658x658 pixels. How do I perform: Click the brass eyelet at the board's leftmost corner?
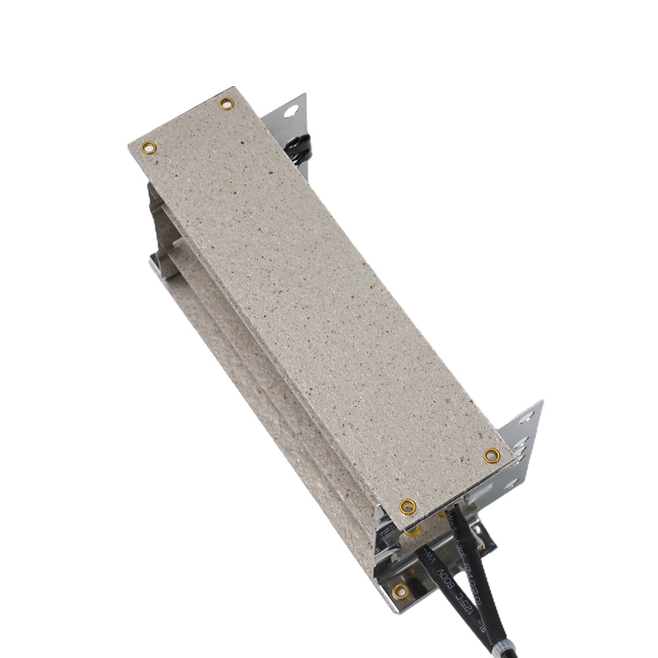tap(150, 147)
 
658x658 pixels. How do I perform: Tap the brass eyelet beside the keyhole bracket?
tap(226, 103)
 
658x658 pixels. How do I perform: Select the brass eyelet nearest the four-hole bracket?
tap(492, 455)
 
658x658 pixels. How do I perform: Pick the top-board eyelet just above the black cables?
tap(408, 506)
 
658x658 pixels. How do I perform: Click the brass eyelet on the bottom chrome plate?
tap(400, 591)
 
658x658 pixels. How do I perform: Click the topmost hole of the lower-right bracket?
tap(526, 416)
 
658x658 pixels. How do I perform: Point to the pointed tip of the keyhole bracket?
tap(305, 95)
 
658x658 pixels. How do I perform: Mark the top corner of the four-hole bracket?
tap(541, 401)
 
